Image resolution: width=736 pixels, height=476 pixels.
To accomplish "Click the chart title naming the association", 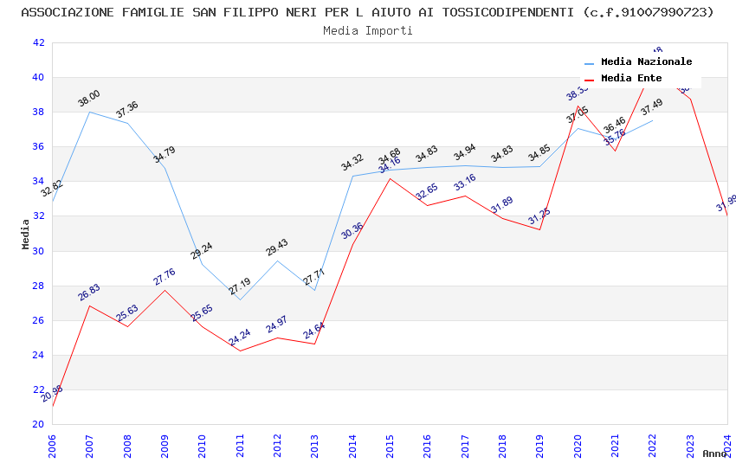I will click(x=367, y=12).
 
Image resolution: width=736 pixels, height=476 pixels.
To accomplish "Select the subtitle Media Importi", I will click(x=367, y=30).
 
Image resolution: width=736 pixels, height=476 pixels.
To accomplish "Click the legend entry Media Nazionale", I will click(x=646, y=62).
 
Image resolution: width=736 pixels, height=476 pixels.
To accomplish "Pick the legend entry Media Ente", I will click(x=631, y=79).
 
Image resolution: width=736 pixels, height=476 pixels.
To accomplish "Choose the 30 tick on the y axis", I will click(x=38, y=251).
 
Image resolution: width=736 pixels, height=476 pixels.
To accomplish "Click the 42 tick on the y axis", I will click(x=38, y=42).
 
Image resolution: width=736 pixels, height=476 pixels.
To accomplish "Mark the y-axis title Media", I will click(x=26, y=234).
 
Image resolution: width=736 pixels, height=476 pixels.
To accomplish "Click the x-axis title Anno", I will click(x=714, y=453).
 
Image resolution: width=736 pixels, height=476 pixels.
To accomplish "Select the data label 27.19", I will click(x=240, y=286).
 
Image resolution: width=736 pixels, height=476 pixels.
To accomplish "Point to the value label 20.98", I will click(x=52, y=394).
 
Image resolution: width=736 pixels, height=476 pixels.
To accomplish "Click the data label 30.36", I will click(x=352, y=231).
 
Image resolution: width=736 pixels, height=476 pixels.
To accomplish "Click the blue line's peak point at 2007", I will click(x=89, y=112).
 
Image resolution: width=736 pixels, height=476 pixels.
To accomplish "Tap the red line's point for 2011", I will click(x=240, y=351).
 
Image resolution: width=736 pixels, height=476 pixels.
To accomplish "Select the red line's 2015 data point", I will click(x=390, y=178).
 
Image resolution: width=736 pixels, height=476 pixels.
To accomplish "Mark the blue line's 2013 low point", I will click(x=314, y=290).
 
